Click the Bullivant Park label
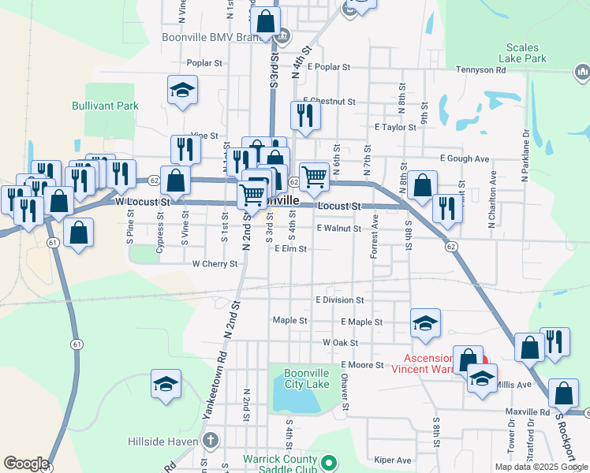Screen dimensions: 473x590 116,106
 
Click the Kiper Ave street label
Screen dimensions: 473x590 393,460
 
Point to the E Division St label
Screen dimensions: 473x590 339,300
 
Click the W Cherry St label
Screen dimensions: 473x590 215,264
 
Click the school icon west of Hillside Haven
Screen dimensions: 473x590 166,384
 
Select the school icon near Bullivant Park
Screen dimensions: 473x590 182,90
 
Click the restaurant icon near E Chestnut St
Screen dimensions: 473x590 304,115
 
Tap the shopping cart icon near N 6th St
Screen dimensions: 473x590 314,176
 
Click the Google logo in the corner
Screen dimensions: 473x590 26,464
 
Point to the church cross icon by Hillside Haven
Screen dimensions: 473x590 210,440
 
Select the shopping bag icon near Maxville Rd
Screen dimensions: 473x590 563,393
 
